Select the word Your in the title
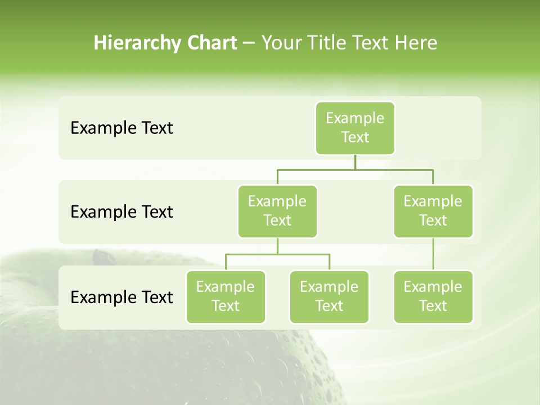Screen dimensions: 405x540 [x=281, y=43]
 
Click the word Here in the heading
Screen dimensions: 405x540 [x=416, y=43]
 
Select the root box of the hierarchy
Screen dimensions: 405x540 [x=355, y=128]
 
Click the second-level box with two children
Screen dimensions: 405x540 [x=277, y=211]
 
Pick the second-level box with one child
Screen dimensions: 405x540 [x=433, y=211]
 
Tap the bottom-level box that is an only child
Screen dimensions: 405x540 [x=433, y=297]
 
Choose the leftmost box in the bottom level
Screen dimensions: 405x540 [x=226, y=297]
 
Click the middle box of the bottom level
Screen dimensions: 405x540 [x=329, y=297]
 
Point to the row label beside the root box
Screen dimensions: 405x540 [x=121, y=128]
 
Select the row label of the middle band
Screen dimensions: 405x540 [x=121, y=212]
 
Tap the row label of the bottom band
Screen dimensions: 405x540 [x=121, y=297]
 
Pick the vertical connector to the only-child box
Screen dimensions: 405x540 [x=433, y=254]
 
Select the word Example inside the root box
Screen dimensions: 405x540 [x=355, y=119]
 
